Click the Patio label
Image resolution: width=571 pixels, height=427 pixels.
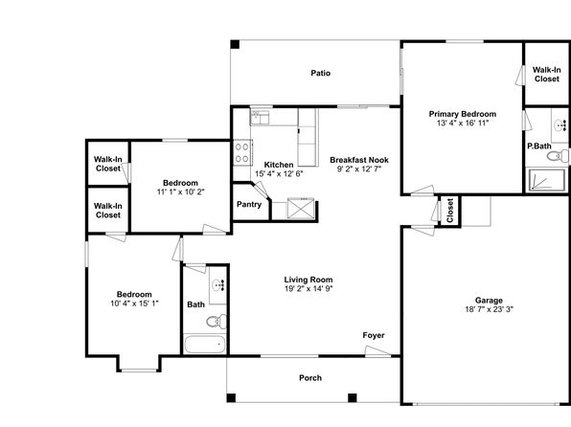click(320, 73)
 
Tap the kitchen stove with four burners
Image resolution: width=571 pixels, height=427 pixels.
click(242, 153)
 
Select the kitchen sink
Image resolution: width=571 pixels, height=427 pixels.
click(260, 117)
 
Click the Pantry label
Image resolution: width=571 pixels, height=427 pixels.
click(249, 204)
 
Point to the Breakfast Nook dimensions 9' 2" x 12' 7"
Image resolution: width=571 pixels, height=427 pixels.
click(358, 169)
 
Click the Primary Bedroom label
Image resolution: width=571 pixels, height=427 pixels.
click(463, 114)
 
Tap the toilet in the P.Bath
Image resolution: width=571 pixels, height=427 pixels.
click(558, 156)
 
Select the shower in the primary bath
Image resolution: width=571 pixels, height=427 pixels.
click(546, 180)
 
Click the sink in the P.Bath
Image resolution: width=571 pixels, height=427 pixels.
click(560, 125)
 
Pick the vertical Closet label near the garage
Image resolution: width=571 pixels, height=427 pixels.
click(449, 211)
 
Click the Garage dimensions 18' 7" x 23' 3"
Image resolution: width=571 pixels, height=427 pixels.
click(489, 309)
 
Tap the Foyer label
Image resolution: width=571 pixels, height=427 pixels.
click(374, 335)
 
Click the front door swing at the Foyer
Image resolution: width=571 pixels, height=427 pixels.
click(377, 351)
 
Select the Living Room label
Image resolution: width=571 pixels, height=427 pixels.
click(308, 280)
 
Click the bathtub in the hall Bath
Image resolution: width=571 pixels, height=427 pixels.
click(205, 345)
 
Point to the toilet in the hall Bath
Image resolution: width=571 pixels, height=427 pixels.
click(217, 322)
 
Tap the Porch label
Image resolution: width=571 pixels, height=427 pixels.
click(310, 378)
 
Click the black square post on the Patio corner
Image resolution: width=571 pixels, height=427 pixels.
click(235, 44)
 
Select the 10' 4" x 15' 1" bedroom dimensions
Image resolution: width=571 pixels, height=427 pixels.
click(134, 303)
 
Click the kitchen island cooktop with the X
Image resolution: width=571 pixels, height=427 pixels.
click(301, 208)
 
